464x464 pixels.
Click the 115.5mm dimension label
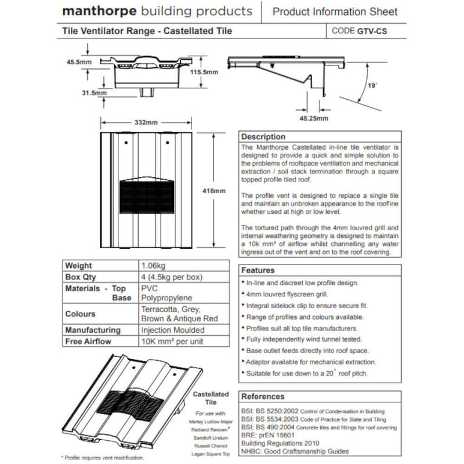[204, 72]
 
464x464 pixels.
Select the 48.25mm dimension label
[314, 118]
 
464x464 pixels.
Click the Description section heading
[263, 137]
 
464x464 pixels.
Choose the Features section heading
[258, 270]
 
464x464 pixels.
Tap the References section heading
[263, 397]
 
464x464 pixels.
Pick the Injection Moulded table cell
[173, 330]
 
